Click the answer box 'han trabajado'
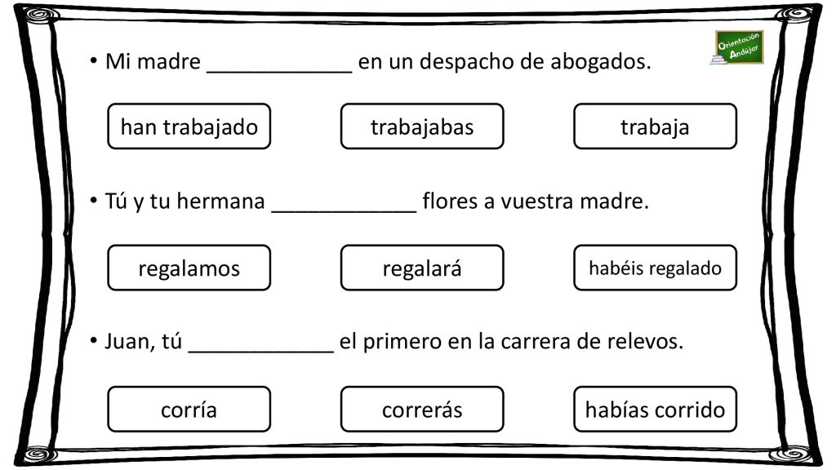click(189, 126)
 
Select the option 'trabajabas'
click(422, 126)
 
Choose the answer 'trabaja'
click(655, 126)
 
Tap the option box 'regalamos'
click(189, 268)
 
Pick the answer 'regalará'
click(422, 268)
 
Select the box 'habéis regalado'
click(655, 268)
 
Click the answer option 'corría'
click(189, 409)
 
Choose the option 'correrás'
click(422, 409)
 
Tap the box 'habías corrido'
click(655, 409)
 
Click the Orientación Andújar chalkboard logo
click(738, 47)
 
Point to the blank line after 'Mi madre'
click(279, 72)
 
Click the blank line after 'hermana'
click(344, 211)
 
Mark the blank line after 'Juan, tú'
click(261, 352)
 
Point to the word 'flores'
click(450, 201)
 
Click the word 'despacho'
click(466, 62)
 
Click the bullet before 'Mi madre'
click(94, 60)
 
